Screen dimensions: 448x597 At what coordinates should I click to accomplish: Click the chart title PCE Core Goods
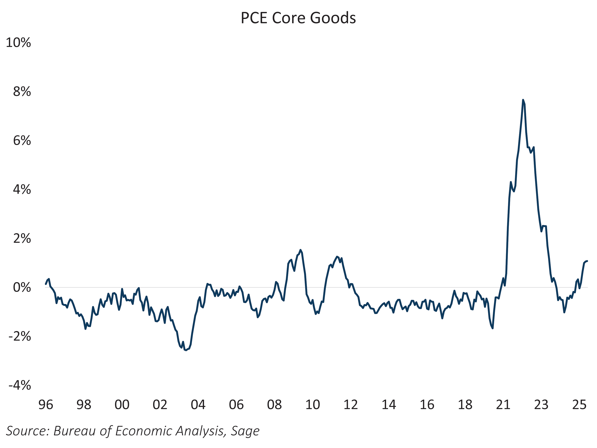pyautogui.click(x=298, y=18)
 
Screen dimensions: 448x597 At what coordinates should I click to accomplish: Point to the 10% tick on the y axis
pyautogui.click(x=18, y=43)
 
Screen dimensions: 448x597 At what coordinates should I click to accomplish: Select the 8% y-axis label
pyautogui.click(x=22, y=92)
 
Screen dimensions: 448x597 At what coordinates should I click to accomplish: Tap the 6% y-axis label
pyautogui.click(x=22, y=141)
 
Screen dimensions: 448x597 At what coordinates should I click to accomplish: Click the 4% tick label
pyautogui.click(x=22, y=190)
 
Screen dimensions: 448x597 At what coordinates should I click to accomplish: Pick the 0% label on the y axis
pyautogui.click(x=22, y=287)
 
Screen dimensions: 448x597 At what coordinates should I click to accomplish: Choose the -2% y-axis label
pyautogui.click(x=20, y=336)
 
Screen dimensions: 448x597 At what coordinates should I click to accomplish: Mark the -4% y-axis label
pyautogui.click(x=20, y=385)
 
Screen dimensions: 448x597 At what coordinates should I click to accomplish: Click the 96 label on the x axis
pyautogui.click(x=46, y=405)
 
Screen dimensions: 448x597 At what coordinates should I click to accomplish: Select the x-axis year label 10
pyautogui.click(x=313, y=405)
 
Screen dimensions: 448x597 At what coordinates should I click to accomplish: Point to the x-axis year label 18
pyautogui.click(x=465, y=405)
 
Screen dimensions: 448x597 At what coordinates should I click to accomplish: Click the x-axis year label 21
pyautogui.click(x=503, y=405)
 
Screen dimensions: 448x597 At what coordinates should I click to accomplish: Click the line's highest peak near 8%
pyautogui.click(x=523, y=100)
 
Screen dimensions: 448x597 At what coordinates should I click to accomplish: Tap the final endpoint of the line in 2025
pyautogui.click(x=587, y=261)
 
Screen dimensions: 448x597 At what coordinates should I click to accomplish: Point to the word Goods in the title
pyautogui.click(x=333, y=18)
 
